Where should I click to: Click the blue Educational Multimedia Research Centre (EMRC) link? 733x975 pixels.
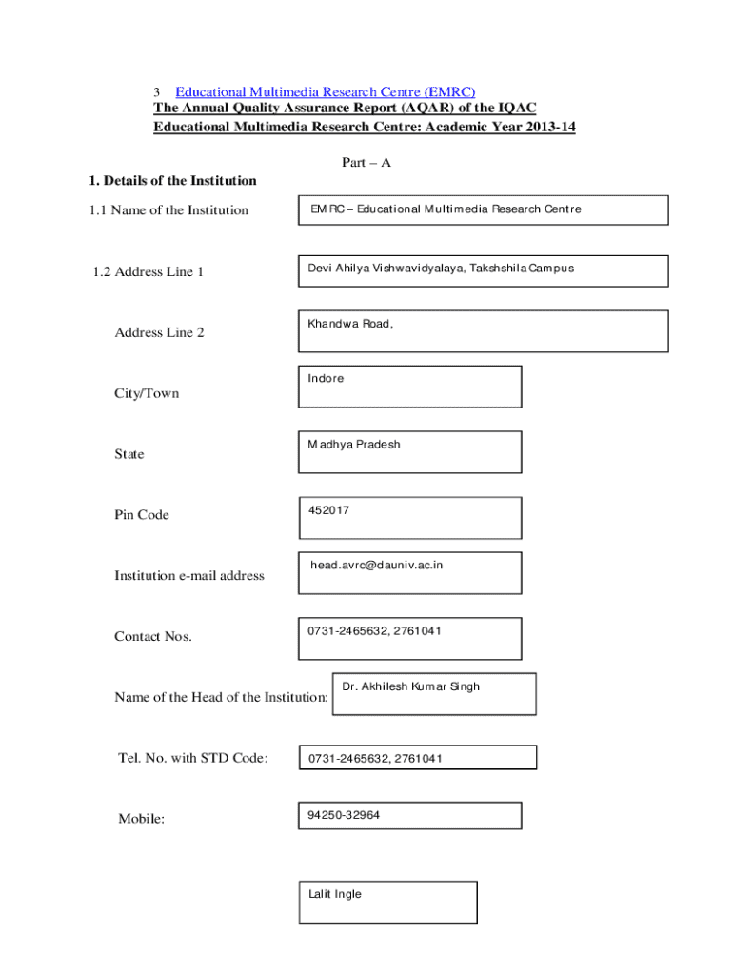pyautogui.click(x=325, y=92)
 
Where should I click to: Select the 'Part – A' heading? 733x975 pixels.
pyautogui.click(x=366, y=163)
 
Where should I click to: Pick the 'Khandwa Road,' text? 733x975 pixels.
pyautogui.click(x=350, y=324)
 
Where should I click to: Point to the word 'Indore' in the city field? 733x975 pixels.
pyautogui.click(x=326, y=379)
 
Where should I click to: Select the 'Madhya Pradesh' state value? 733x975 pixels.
pyautogui.click(x=354, y=445)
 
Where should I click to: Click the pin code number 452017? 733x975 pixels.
pyautogui.click(x=328, y=511)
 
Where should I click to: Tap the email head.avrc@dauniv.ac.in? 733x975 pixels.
pyautogui.click(x=377, y=566)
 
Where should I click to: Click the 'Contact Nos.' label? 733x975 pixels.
pyautogui.click(x=153, y=637)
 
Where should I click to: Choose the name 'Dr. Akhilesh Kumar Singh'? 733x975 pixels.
pyautogui.click(x=411, y=686)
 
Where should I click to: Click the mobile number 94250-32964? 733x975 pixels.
pyautogui.click(x=344, y=815)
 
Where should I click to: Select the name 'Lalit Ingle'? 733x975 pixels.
pyautogui.click(x=335, y=895)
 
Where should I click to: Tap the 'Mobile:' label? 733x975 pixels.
pyautogui.click(x=142, y=819)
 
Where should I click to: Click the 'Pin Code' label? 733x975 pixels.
pyautogui.click(x=142, y=515)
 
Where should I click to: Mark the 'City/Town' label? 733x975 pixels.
pyautogui.click(x=147, y=394)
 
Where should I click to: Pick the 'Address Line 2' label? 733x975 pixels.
pyautogui.click(x=160, y=333)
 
